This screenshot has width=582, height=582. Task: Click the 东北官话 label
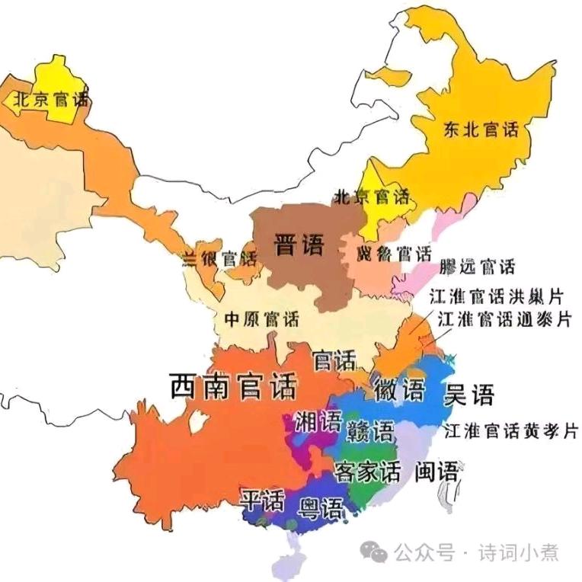480,130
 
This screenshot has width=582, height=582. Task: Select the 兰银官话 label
220,257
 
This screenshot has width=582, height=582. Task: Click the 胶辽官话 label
478,267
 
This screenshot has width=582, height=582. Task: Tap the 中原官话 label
261,320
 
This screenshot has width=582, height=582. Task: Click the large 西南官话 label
232,387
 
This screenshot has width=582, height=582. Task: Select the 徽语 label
398,391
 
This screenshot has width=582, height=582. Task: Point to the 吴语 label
468,395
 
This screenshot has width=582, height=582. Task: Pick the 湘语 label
318,421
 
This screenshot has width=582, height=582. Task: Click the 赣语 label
370,431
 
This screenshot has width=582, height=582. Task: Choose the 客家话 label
367,472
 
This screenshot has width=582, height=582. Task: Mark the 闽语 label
437,472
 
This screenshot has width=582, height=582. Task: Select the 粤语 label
320,507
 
